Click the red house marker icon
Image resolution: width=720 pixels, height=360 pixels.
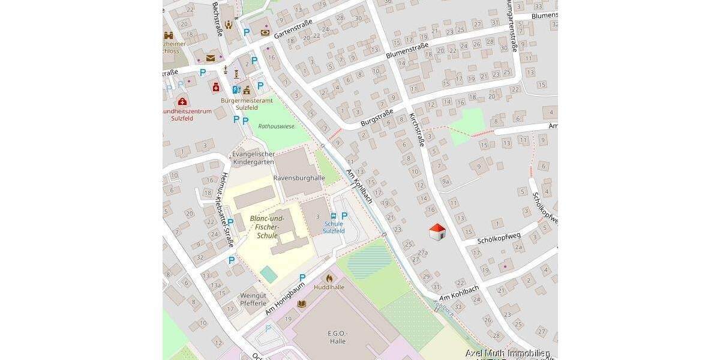coord(437,233)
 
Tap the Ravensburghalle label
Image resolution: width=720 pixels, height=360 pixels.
coord(298,178)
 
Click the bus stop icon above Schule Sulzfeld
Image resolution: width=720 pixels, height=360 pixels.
coord(334,216)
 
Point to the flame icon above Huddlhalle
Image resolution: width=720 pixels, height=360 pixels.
coord(329,278)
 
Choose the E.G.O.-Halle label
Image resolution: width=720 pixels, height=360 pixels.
coord(338,337)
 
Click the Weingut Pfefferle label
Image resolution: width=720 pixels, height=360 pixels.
coord(253,299)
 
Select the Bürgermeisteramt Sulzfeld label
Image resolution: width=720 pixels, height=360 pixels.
coord(247,104)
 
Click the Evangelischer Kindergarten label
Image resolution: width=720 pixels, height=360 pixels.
coord(253,158)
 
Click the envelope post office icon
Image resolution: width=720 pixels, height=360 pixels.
coord(211,58)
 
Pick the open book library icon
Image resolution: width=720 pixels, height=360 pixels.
coord(302,304)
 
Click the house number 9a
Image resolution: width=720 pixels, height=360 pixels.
coord(445,181)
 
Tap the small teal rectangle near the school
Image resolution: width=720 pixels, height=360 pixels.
coord(269,274)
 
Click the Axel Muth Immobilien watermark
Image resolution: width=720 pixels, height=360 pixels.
coord(508,353)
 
